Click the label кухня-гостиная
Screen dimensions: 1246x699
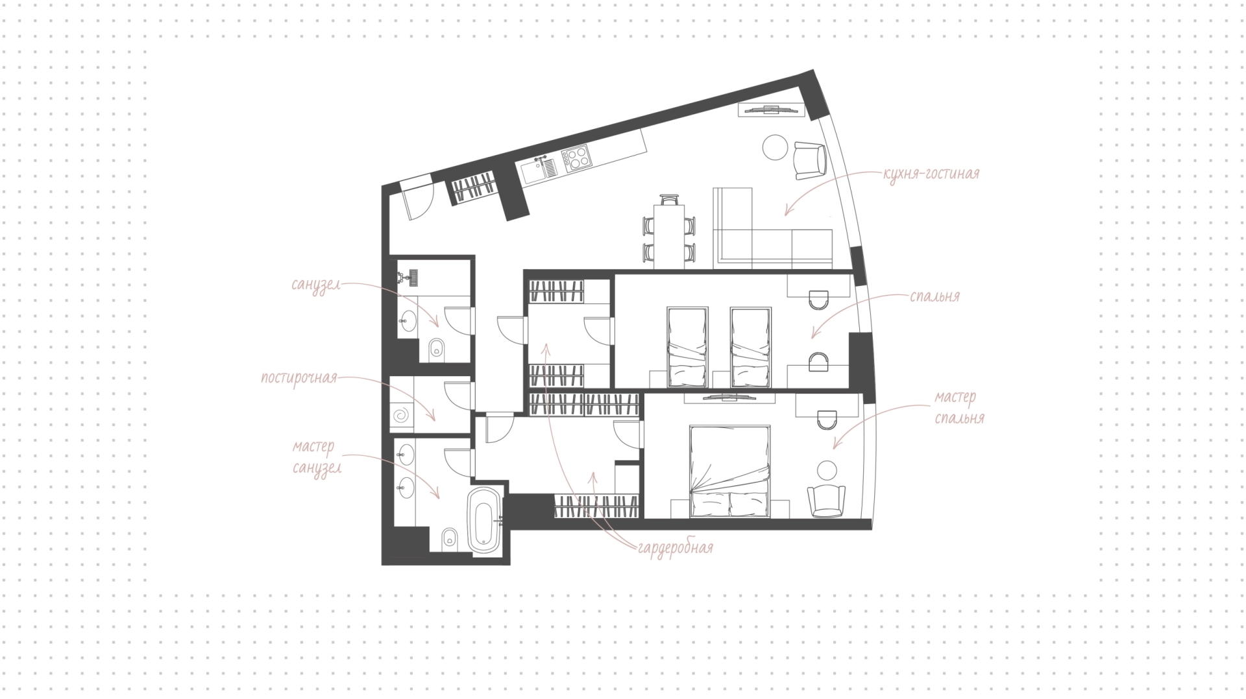click(x=931, y=174)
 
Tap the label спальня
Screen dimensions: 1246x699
click(x=934, y=297)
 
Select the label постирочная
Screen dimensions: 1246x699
click(x=299, y=377)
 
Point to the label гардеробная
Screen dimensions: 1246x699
click(x=676, y=549)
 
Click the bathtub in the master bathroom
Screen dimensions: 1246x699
click(x=485, y=520)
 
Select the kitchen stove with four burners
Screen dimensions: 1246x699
click(x=576, y=158)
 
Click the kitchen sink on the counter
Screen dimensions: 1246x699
click(x=539, y=171)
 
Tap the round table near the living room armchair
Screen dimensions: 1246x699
click(x=776, y=147)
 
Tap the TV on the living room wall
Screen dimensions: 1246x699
click(x=771, y=110)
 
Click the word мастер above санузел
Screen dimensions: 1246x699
click(x=313, y=447)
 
